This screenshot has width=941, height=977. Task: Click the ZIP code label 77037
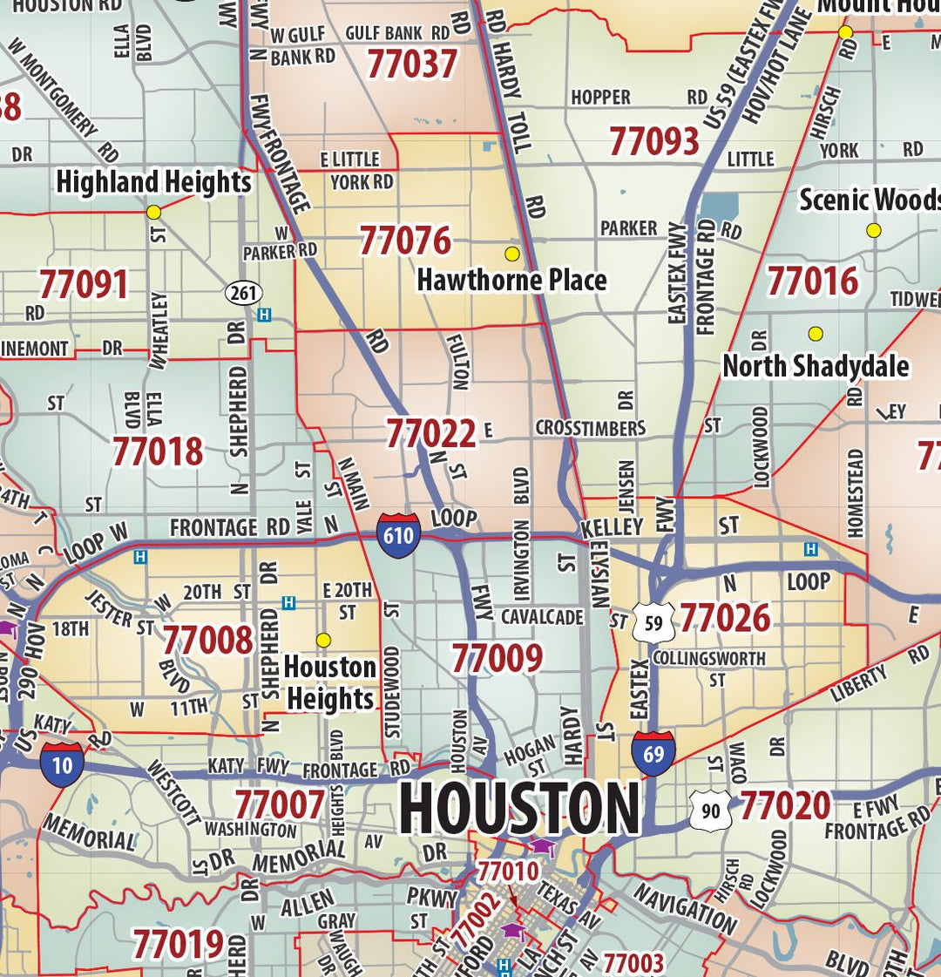411,64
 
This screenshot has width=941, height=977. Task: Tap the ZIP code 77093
653,141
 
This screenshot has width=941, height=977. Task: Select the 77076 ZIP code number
405,241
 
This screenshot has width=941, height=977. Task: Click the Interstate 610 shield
398,534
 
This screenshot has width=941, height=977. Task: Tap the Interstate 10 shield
62,764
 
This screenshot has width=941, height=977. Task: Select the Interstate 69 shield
653,754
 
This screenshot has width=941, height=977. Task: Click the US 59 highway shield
653,622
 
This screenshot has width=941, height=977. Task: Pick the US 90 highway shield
711,811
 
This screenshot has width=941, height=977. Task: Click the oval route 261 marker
244,293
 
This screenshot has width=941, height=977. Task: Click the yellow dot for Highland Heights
154,212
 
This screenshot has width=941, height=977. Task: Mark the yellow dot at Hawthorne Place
512,254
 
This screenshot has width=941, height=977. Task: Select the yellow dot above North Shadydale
816,334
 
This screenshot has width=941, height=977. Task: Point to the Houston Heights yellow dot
323,641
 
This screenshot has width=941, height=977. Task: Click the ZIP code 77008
207,640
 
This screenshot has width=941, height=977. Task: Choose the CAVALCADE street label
542,617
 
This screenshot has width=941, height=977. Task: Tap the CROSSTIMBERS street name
590,428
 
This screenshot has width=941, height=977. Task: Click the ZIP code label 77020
784,806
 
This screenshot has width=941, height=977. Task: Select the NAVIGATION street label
685,908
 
